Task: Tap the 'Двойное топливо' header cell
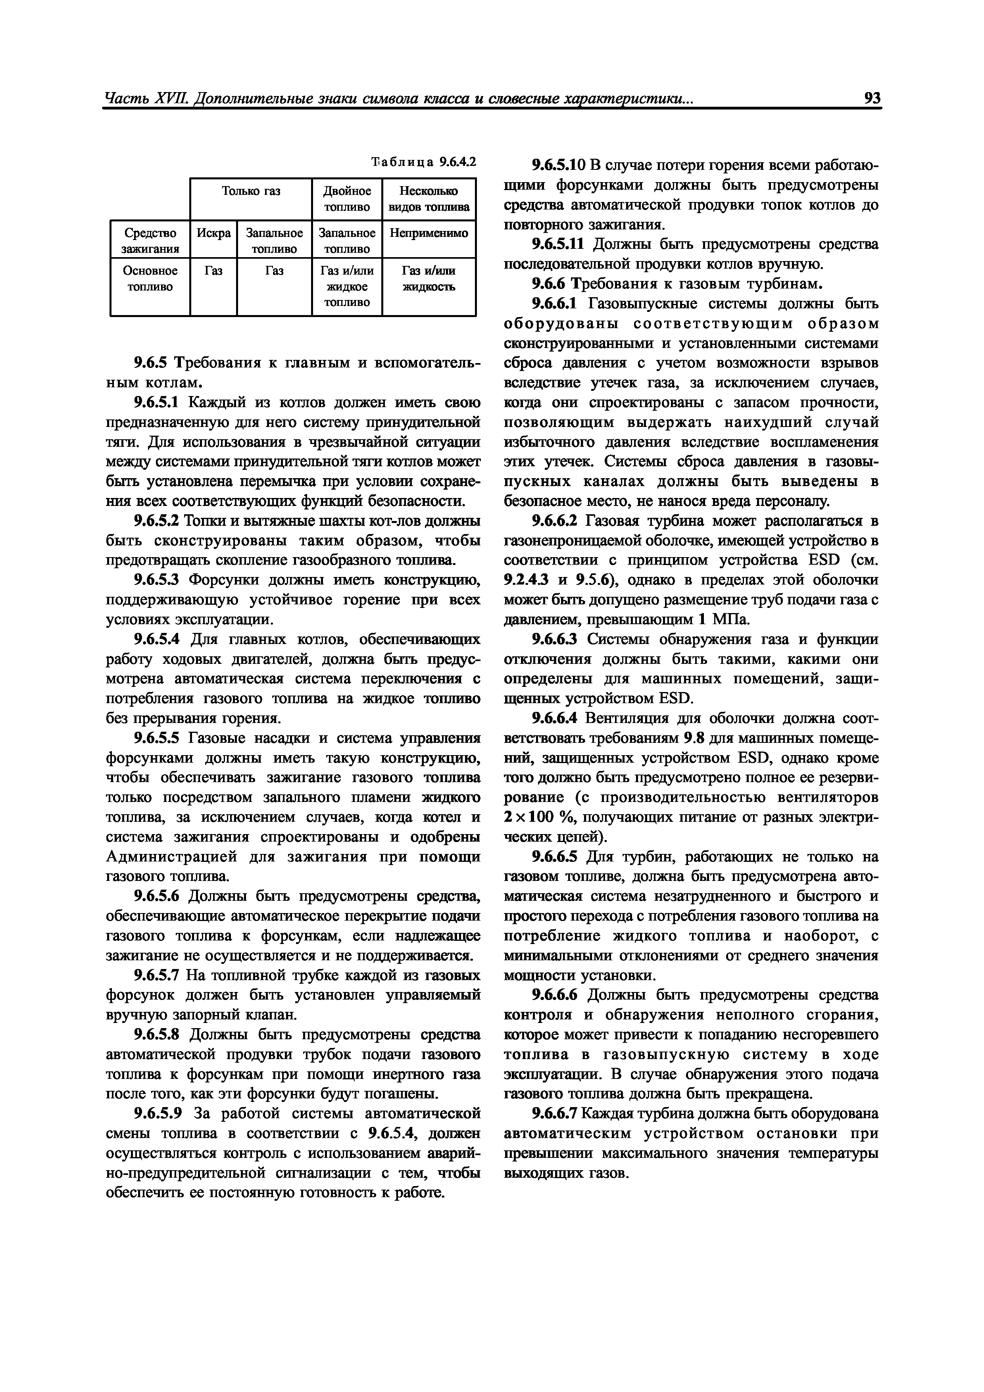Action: [346, 199]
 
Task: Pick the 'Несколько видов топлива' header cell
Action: [429, 199]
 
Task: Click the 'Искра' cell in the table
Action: [213, 233]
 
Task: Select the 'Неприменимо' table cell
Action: [429, 233]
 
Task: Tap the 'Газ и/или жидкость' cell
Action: [429, 278]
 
